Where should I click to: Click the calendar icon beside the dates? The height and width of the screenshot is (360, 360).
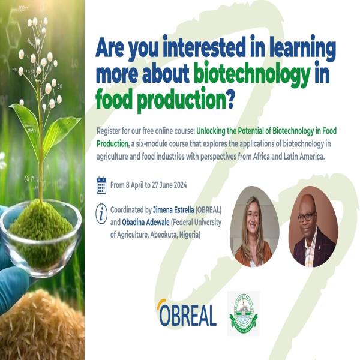coord(101,185)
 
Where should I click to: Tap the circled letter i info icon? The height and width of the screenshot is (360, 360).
coord(101,214)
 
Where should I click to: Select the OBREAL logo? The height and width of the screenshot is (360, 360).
coord(187,313)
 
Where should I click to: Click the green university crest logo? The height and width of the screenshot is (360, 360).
coord(244,313)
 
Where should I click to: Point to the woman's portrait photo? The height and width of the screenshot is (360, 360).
coord(254,227)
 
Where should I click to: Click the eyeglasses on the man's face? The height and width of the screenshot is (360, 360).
coord(307,217)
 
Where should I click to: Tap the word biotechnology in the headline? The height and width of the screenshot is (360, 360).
coord(252,73)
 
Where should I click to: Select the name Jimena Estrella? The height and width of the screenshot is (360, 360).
coord(173,209)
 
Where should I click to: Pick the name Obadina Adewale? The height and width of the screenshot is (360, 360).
coord(146,222)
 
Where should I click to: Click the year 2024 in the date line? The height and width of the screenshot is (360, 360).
coord(180,185)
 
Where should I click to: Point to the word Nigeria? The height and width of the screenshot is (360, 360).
coord(190,235)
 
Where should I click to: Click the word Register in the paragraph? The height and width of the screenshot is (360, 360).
coord(109,131)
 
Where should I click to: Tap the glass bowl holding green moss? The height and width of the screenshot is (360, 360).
coord(41,238)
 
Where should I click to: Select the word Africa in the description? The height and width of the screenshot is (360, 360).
coord(261,157)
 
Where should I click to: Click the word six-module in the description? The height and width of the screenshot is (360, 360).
coord(152,144)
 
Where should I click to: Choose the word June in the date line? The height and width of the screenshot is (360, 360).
coord(166,185)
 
